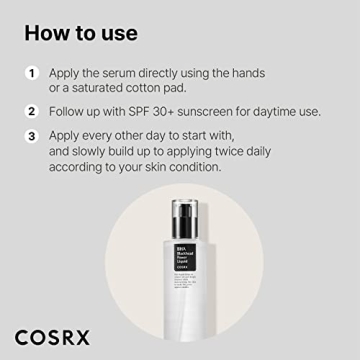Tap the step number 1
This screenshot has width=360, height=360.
coord(32,73)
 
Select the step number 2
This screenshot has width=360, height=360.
coord(32,111)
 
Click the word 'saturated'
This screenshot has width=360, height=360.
coord(111,89)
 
